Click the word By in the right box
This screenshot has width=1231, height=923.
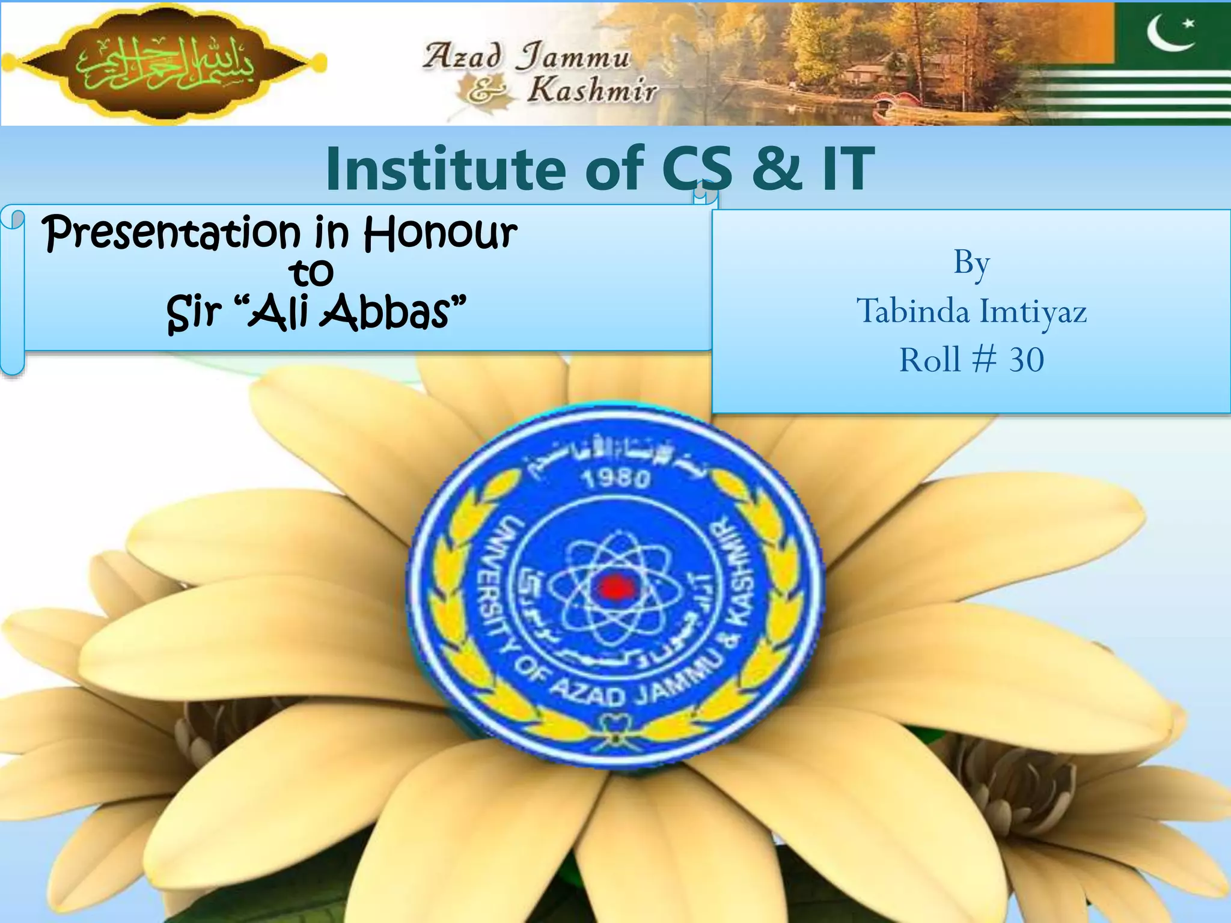click(x=971, y=263)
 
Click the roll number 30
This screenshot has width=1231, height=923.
click(x=1027, y=360)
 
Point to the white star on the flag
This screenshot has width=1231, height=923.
click(x=1189, y=24)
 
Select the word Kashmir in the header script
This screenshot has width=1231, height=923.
click(x=592, y=91)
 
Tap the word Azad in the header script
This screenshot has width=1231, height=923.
click(x=462, y=56)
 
